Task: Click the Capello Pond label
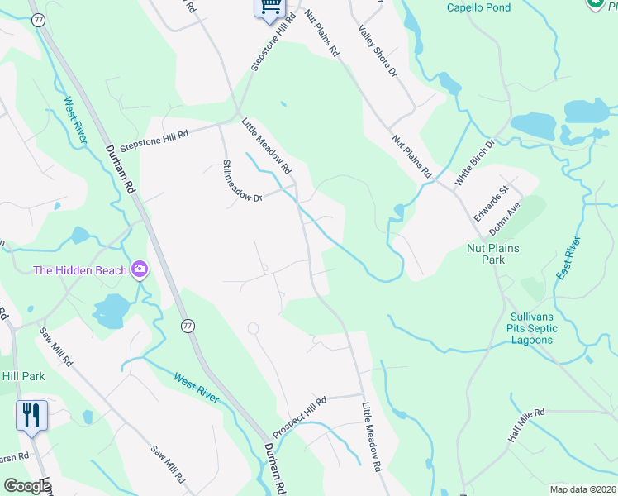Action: [x=478, y=7]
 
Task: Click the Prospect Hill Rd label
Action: [x=300, y=417]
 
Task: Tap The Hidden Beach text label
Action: [x=80, y=270]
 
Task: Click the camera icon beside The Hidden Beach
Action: [x=140, y=269]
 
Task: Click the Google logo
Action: [x=26, y=486]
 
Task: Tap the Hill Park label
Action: [x=22, y=376]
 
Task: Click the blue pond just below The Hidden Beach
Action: [x=111, y=310]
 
